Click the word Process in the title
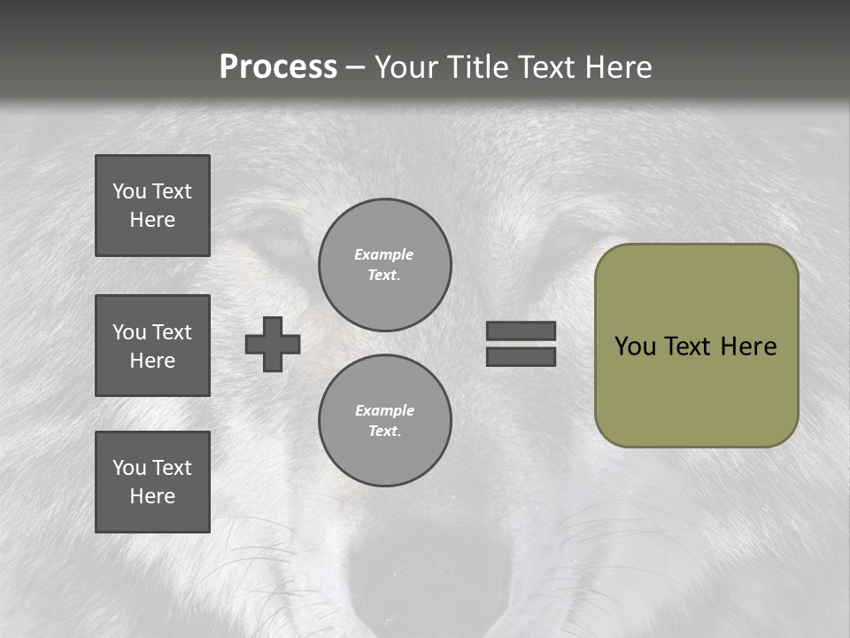278,67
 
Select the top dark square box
152,206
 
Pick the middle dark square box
152,346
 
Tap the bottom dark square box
152,482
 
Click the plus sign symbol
273,344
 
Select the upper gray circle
384,264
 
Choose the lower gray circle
384,420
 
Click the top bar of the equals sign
521,331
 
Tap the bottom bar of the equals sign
521,356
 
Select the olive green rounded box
696,390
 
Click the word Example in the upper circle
384,254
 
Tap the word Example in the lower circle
384,410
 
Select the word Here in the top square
152,220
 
